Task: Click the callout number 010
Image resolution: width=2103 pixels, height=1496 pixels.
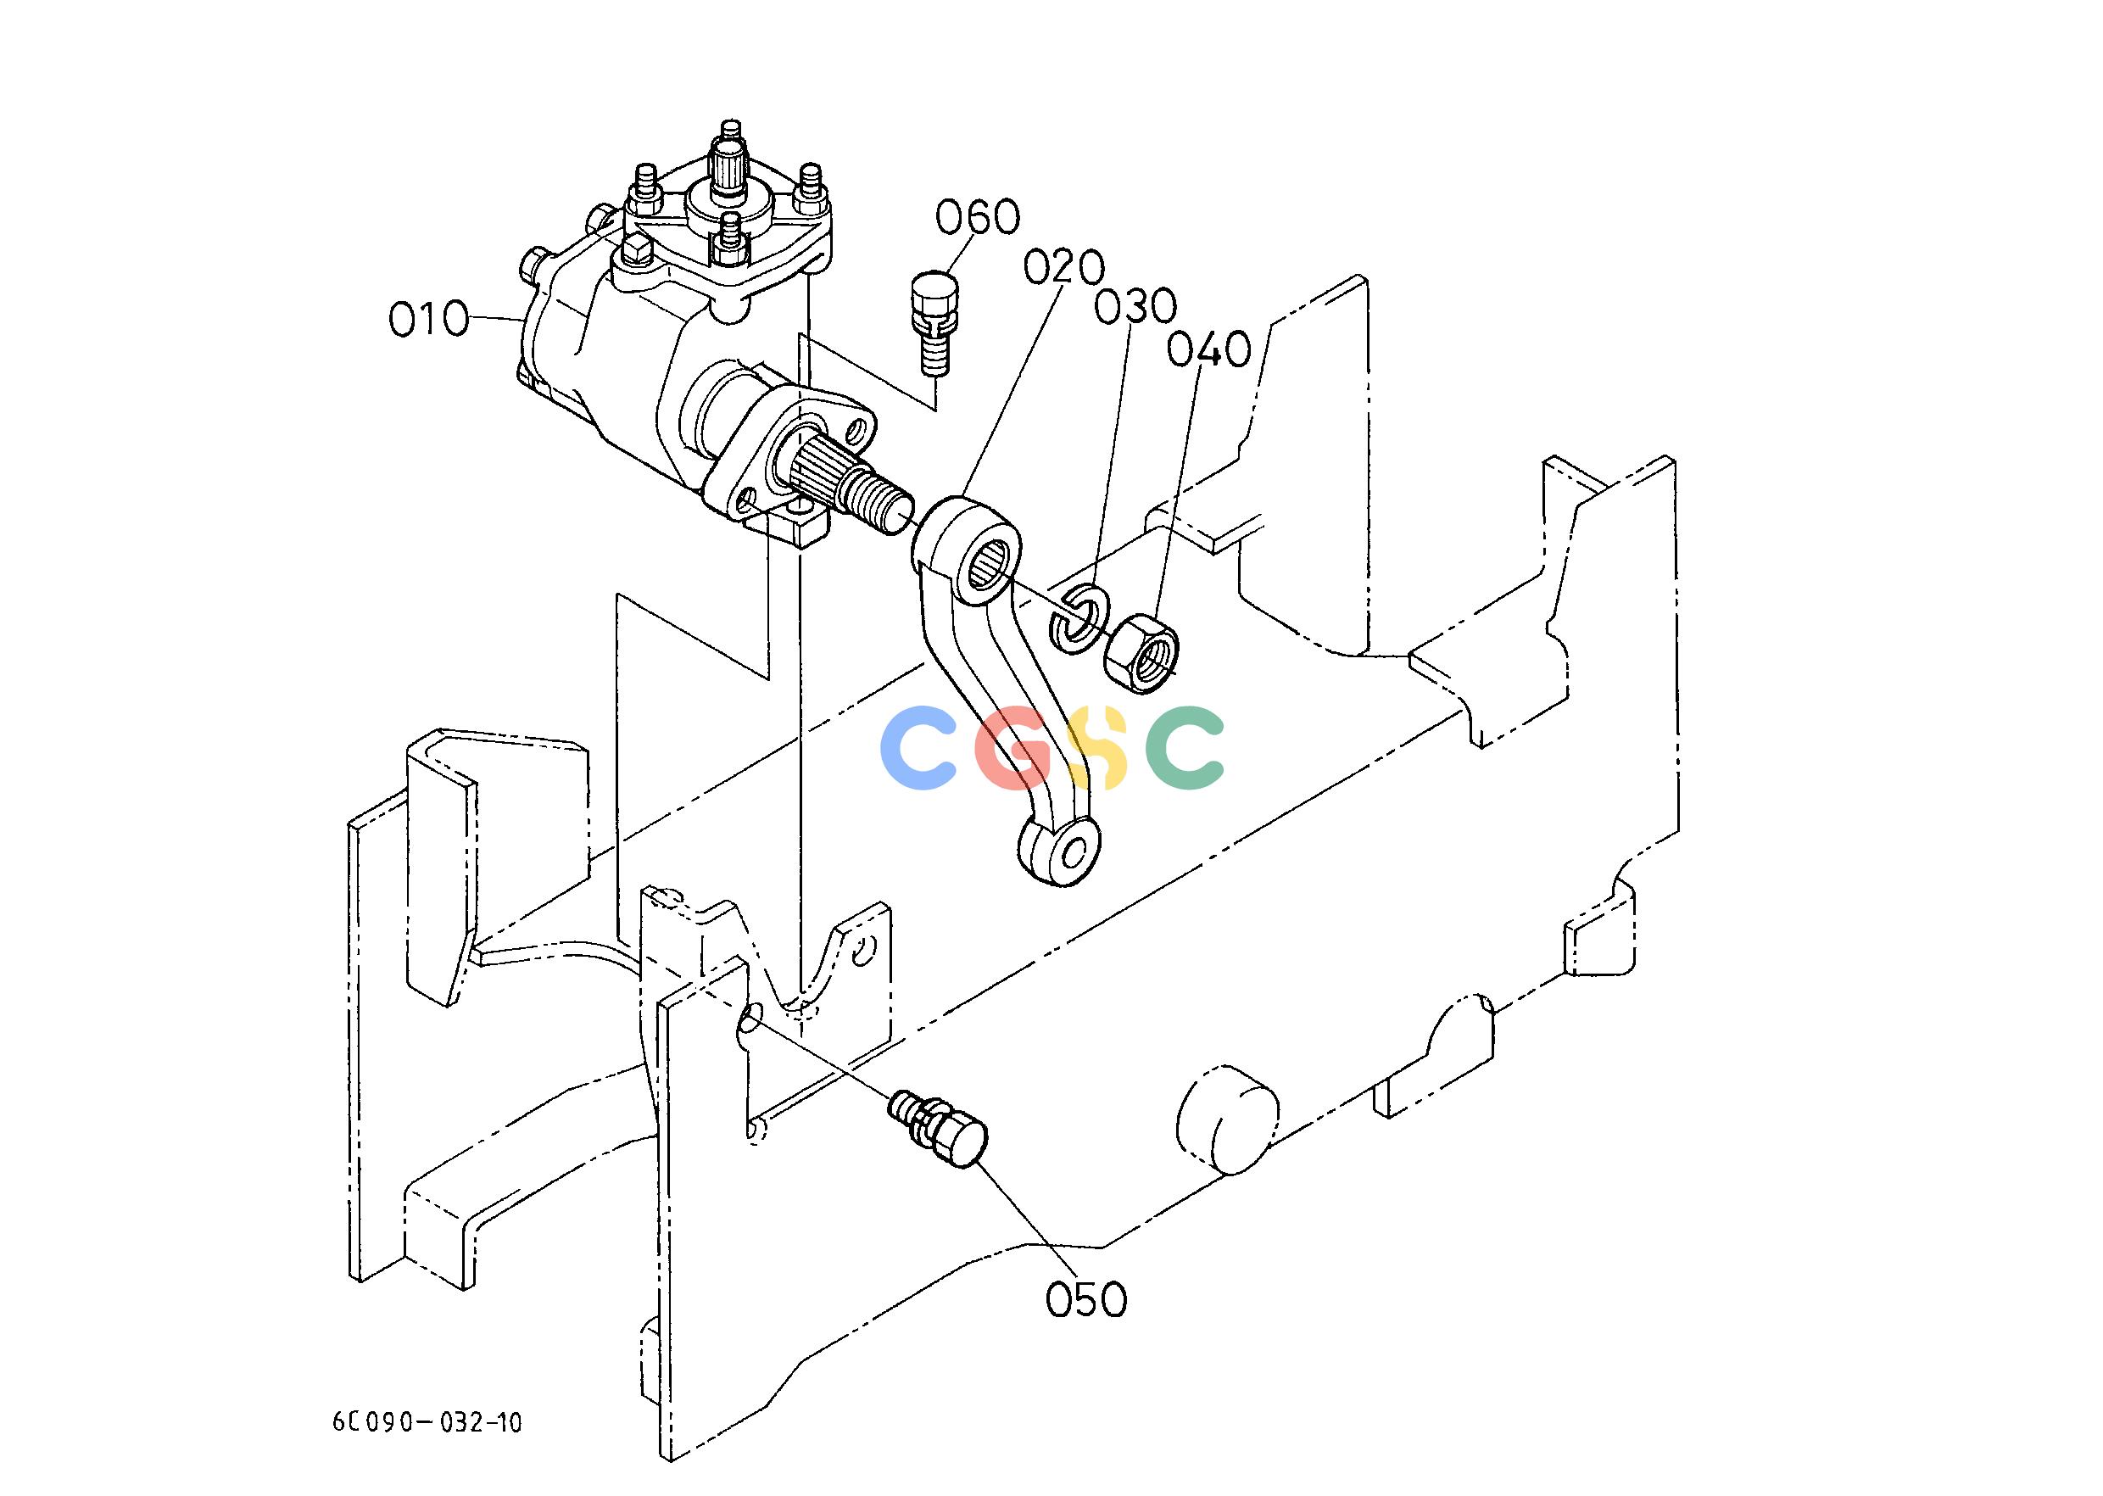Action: click(x=428, y=319)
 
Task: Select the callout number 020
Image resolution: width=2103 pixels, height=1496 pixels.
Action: click(x=1063, y=269)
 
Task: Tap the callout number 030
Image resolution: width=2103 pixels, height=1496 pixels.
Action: click(x=1135, y=307)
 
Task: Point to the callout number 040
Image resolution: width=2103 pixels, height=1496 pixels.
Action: click(x=1208, y=350)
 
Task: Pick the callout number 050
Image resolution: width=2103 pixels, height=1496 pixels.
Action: click(x=1086, y=1299)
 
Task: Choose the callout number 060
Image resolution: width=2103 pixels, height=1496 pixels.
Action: click(x=979, y=217)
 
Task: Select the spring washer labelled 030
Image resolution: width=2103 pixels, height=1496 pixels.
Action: click(x=1078, y=616)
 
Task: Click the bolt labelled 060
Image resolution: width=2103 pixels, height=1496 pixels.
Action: click(x=934, y=321)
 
